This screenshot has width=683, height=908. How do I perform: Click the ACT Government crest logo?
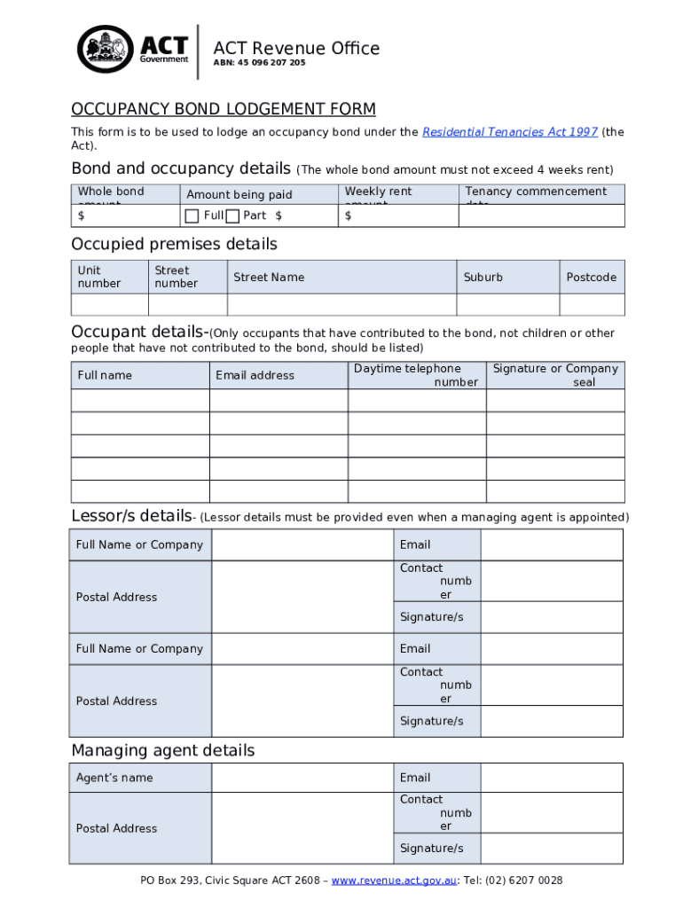106,49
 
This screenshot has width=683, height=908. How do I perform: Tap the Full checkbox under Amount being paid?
192,215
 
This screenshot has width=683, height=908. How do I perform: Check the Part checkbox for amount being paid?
232,215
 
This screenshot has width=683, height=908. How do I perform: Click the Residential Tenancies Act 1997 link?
509,132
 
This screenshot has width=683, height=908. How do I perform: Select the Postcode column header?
592,278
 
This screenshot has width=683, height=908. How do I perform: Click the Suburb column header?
483,278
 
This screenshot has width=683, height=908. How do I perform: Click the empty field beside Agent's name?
302,778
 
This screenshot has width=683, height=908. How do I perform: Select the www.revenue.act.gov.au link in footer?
395,881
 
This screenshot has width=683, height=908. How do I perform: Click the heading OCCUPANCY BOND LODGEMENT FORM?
224,109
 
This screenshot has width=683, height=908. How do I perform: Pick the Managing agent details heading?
162,750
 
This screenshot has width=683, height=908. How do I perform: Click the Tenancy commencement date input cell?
541,215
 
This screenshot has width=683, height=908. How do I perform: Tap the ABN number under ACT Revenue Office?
259,63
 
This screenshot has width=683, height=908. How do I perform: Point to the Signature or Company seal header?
555,375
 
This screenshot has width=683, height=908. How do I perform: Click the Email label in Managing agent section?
415,778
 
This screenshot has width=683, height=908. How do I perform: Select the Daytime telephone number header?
416,375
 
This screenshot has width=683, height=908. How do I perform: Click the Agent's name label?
114,778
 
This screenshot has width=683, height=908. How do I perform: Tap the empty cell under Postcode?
592,304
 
